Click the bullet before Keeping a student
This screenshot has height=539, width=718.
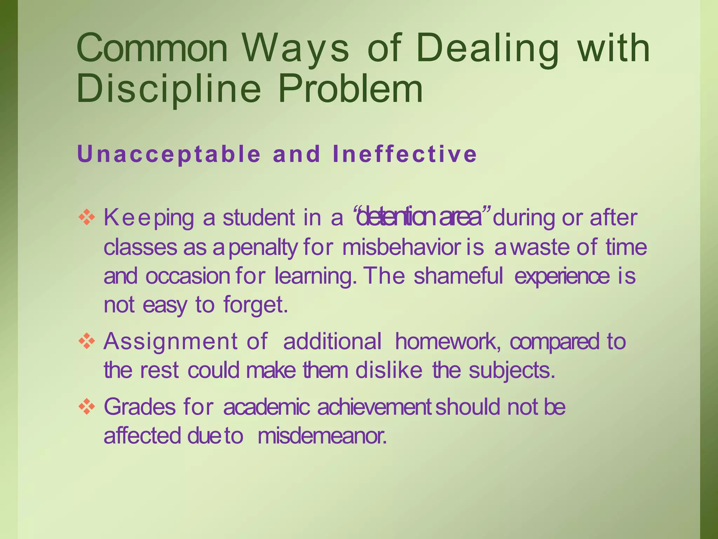87,218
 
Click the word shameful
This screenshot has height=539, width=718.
459,276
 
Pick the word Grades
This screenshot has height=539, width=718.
140,407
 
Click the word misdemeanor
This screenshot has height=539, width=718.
322,436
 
